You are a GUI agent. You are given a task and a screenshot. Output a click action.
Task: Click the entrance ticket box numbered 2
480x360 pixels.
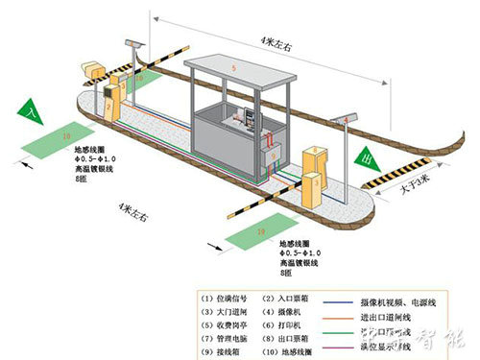pos(112,96)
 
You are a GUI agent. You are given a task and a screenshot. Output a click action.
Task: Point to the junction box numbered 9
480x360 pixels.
pos(274,153)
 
